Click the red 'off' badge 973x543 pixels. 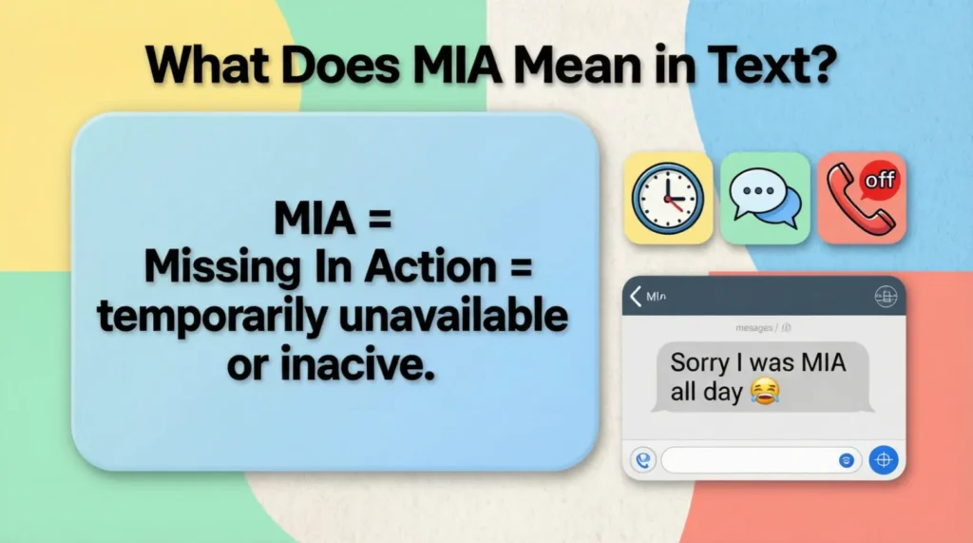(x=879, y=180)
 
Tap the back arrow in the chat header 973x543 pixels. (x=636, y=297)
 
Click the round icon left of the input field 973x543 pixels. (x=643, y=460)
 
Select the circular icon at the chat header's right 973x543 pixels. (x=885, y=298)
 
